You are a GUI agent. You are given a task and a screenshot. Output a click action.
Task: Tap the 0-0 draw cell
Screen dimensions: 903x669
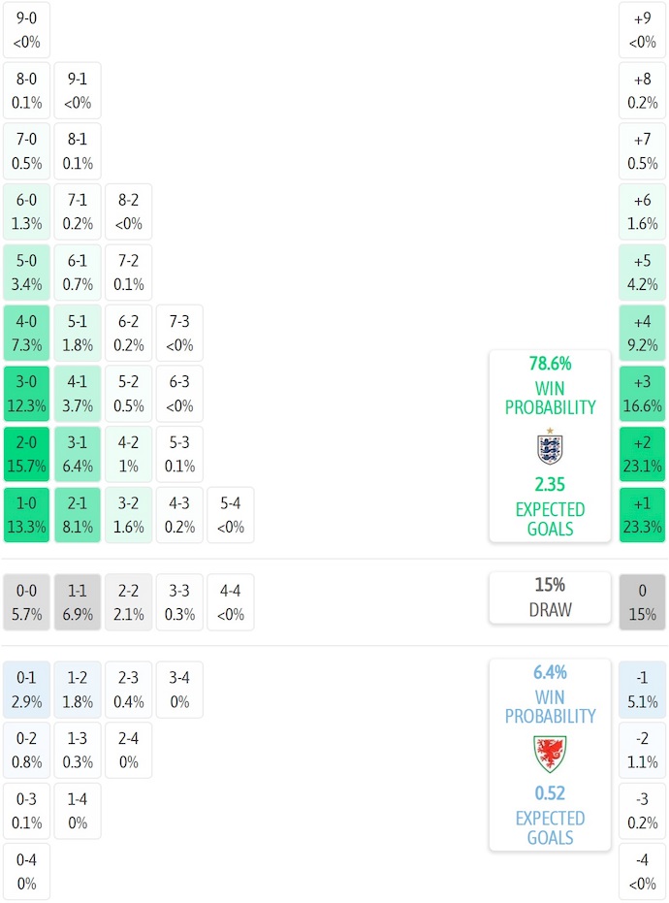coord(27,602)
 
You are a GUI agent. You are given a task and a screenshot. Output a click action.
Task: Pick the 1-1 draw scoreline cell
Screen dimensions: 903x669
coord(78,602)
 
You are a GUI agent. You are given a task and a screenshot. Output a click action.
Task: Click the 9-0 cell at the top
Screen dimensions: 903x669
coord(27,29)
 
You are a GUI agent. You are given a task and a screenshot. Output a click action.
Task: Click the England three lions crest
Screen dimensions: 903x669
coord(550,446)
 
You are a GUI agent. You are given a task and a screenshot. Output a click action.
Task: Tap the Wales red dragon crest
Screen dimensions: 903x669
coord(550,753)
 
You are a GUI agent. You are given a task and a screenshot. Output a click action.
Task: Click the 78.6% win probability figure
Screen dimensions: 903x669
coord(550,364)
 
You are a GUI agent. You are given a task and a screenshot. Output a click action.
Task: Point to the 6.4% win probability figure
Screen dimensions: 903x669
coord(550,672)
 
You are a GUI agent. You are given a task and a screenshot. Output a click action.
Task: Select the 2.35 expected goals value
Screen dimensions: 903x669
coord(550,484)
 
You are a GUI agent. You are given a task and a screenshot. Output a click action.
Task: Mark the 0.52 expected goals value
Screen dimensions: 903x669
coord(550,792)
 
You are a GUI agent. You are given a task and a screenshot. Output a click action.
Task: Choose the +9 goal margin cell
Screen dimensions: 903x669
coord(642,29)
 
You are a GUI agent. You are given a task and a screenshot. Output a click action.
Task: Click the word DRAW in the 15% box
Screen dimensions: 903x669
coord(550,610)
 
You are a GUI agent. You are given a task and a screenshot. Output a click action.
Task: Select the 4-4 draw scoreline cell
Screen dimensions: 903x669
coord(231,602)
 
